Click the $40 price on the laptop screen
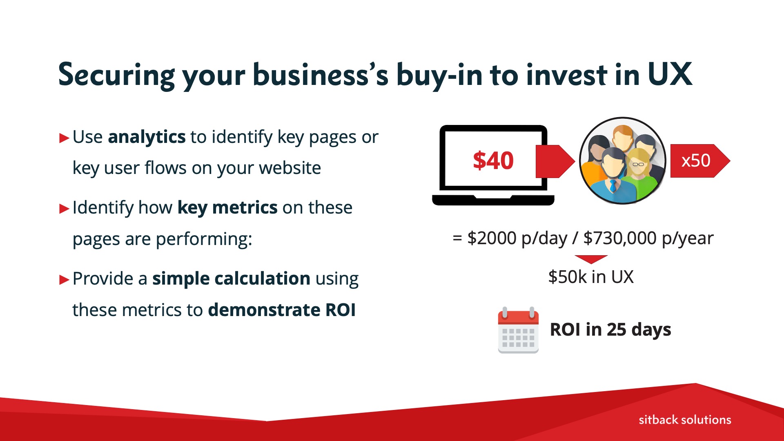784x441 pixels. tap(493, 160)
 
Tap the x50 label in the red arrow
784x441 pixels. tap(696, 160)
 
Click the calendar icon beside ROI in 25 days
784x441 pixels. tap(518, 330)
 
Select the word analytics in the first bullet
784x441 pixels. tap(147, 137)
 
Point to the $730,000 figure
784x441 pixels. tap(620, 238)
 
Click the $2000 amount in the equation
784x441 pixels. tap(492, 238)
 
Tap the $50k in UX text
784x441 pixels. tap(591, 277)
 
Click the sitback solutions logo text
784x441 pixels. tap(685, 420)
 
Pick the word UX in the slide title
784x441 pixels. tap(670, 74)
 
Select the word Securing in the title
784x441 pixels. tap(117, 75)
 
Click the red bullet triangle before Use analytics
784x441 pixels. tap(64, 138)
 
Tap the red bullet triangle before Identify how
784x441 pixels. tap(64, 209)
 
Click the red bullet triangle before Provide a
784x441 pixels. tap(64, 280)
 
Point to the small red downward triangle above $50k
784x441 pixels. tap(591, 259)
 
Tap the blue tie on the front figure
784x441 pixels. tap(612, 186)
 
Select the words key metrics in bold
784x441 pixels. tap(227, 208)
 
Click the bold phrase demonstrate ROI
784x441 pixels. tap(282, 310)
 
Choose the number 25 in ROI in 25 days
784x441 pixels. tap(616, 330)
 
